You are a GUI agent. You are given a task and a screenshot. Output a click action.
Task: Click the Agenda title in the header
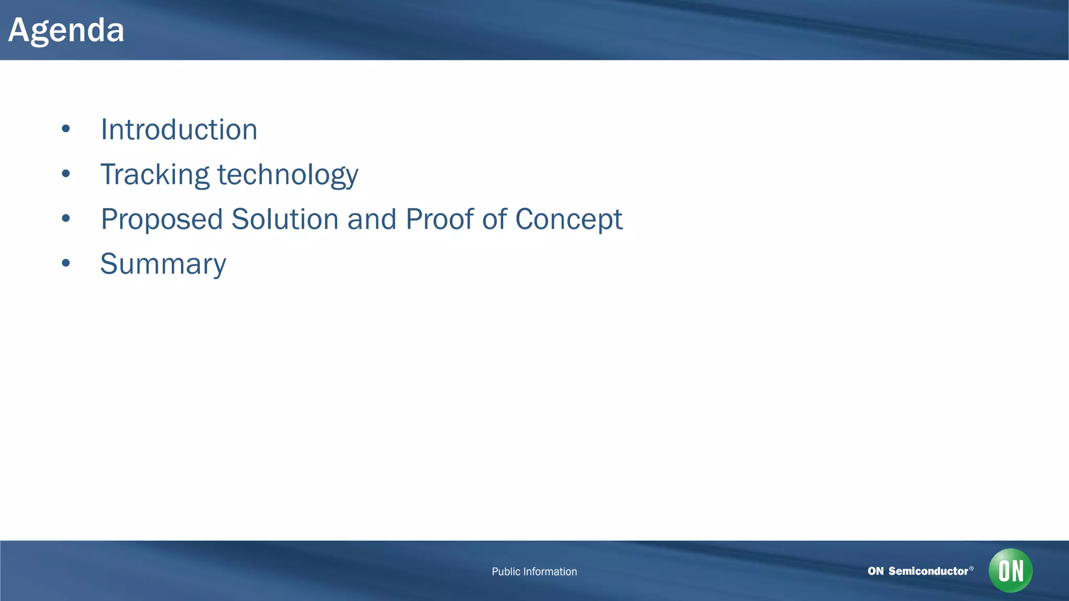[x=66, y=30]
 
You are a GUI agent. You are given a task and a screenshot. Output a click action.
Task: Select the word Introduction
[x=179, y=129]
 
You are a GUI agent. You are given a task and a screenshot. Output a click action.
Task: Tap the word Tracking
[x=155, y=174]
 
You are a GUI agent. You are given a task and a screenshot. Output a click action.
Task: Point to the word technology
[x=288, y=175]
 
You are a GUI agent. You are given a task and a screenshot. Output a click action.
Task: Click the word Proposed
[x=162, y=220]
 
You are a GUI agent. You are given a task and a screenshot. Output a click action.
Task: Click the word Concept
[x=568, y=220]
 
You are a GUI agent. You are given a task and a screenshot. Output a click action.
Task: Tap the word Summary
[x=163, y=265]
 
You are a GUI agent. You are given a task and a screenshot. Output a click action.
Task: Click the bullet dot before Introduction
[x=66, y=129]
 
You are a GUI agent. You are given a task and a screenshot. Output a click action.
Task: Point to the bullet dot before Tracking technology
[x=66, y=174]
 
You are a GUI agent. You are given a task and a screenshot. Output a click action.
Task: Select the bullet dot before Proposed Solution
[x=66, y=219]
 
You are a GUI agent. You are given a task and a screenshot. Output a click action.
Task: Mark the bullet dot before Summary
[x=66, y=263]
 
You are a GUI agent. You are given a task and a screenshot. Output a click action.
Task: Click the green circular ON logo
[x=1011, y=570]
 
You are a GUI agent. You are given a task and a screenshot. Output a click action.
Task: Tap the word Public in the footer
[x=506, y=572]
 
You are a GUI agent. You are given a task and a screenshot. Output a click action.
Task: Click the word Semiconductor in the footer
[x=928, y=571]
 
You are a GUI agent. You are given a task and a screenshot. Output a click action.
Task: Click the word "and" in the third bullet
[x=372, y=219]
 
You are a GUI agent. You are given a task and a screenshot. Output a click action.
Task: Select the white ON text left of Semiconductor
[x=875, y=571]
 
